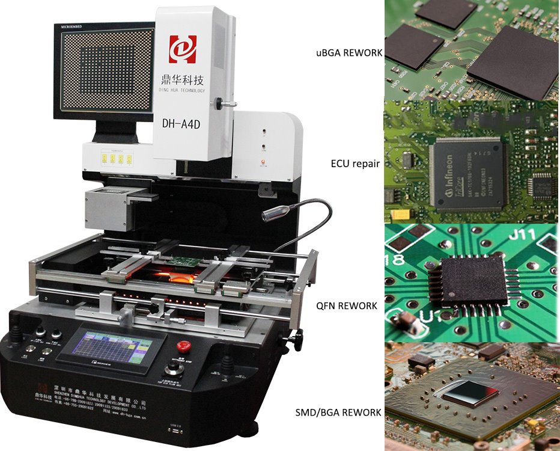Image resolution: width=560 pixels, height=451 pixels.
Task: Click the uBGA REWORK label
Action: tap(349, 53)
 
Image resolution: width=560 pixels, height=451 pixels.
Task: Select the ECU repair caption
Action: tap(355, 163)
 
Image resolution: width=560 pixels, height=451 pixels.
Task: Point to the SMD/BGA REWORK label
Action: tap(338, 413)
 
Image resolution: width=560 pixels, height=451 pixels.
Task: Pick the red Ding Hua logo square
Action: tap(183, 49)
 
